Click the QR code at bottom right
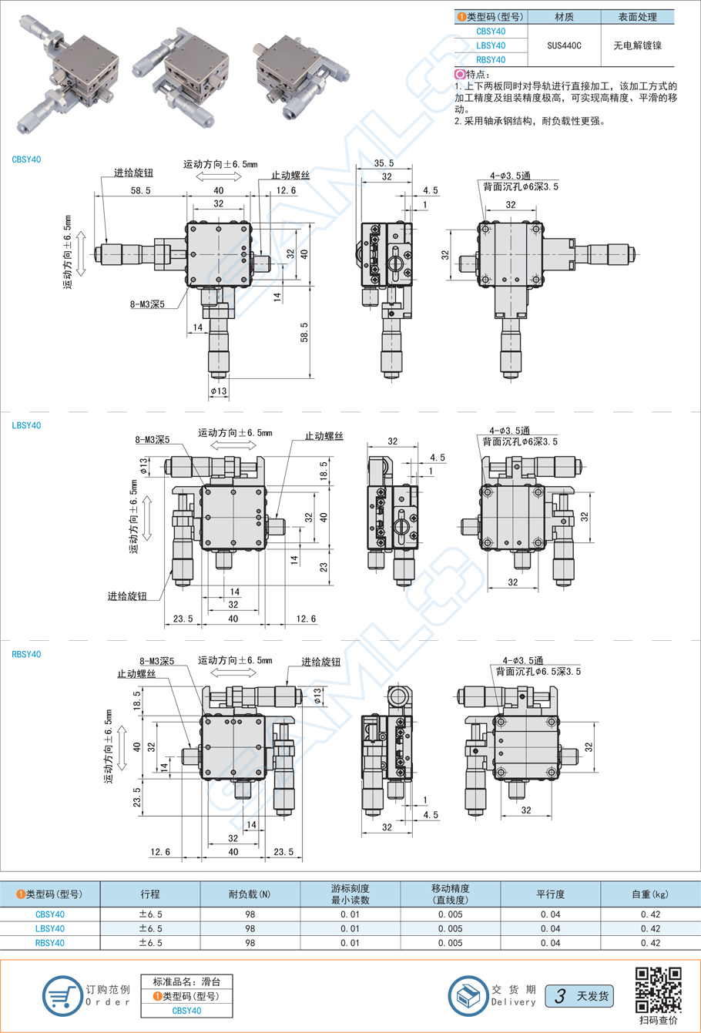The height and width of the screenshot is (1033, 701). click(658, 989)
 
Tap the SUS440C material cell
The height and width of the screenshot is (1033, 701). click(564, 45)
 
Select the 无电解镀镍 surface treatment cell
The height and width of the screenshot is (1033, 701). click(637, 45)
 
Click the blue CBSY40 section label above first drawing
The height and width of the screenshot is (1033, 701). click(26, 159)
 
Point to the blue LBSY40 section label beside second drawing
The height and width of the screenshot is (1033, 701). click(26, 425)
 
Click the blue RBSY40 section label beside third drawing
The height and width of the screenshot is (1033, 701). click(26, 654)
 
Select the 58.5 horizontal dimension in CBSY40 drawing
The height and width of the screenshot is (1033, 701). click(141, 190)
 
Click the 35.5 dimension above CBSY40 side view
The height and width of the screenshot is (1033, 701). click(384, 163)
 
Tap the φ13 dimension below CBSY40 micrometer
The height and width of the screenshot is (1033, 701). click(219, 391)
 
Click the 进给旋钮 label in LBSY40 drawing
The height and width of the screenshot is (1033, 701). click(127, 595)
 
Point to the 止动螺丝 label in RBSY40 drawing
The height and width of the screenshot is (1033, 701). click(136, 673)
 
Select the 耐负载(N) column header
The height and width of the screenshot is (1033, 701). click(250, 894)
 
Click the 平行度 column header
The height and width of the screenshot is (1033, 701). click(550, 894)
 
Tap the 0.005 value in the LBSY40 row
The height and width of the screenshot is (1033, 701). click(450, 928)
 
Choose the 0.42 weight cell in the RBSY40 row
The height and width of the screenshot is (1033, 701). click(650, 942)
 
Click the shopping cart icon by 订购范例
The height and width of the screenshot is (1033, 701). click(61, 995)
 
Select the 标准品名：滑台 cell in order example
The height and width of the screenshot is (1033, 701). click(186, 981)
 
